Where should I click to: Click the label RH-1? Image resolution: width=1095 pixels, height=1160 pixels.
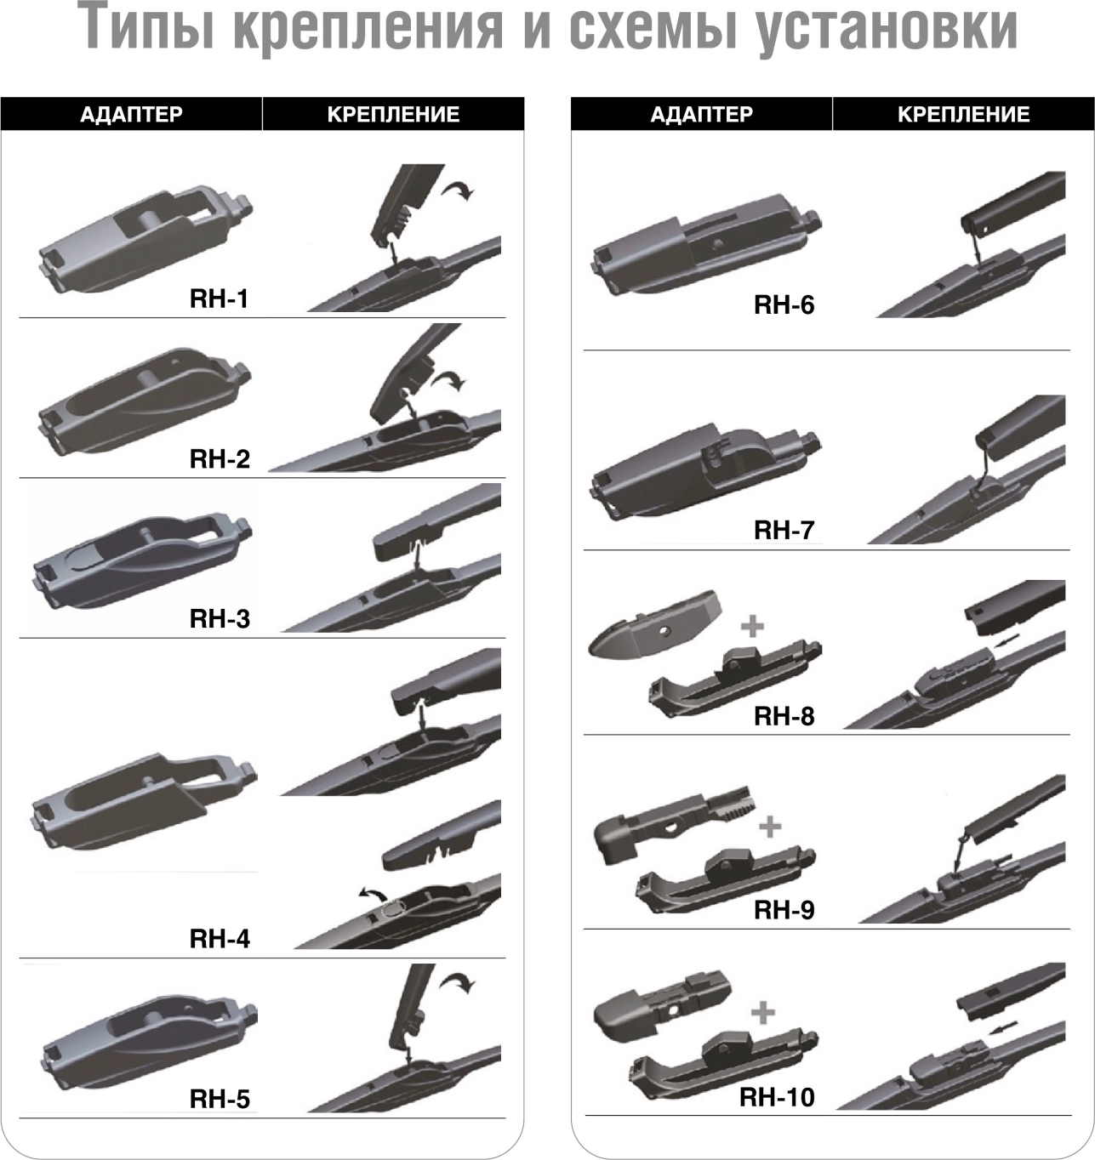220,299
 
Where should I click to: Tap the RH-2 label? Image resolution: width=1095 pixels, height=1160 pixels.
220,459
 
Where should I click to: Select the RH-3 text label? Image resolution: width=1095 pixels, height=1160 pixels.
220,619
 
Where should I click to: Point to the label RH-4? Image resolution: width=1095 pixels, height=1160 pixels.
220,939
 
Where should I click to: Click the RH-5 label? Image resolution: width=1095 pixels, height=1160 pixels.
220,1100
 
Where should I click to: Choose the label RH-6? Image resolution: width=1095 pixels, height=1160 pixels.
784,305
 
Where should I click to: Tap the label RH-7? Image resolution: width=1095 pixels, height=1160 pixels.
784,531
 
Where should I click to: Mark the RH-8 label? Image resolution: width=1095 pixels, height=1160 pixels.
784,716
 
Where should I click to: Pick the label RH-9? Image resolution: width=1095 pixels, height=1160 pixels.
784,910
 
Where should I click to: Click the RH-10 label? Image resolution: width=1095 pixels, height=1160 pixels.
777,1098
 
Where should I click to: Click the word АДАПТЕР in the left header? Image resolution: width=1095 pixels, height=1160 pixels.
132,115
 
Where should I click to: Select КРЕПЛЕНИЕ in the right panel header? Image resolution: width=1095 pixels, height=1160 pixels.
963,115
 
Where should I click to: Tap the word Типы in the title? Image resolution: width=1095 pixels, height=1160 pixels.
149,28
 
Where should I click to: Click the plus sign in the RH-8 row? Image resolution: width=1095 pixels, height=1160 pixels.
752,627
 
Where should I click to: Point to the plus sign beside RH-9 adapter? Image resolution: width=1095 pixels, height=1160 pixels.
770,827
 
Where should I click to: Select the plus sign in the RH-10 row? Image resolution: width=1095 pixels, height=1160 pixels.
763,1013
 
